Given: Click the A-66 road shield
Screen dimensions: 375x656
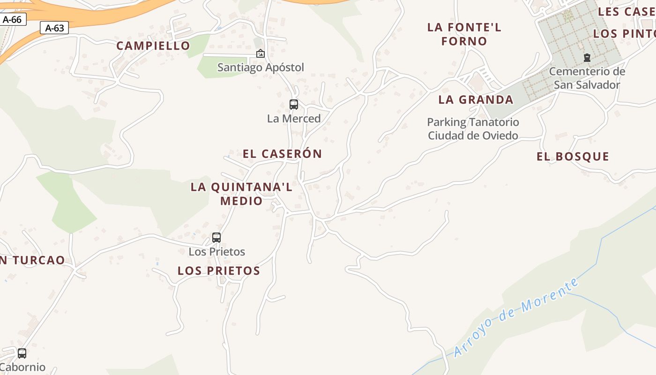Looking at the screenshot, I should coord(13,20).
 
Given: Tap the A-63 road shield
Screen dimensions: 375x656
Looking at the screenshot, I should coord(54,28).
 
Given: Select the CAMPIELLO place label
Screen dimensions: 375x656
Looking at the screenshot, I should coord(153,46).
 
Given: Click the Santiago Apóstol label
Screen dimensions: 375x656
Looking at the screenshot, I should coord(261,67).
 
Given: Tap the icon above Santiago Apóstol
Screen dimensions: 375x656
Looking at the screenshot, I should coord(261,54).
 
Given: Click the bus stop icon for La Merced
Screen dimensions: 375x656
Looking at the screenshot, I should coord(294,105).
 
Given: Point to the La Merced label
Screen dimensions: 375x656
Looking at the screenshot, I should coord(294,119).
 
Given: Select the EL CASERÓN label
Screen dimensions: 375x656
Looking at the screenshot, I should coord(282,154).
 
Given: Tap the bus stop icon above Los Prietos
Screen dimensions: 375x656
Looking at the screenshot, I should coord(216,238).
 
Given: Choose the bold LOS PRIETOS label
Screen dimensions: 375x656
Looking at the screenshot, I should coord(219,271).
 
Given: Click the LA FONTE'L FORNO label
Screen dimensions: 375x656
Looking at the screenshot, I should coord(464,34).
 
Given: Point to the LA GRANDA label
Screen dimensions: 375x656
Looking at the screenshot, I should coord(476,100).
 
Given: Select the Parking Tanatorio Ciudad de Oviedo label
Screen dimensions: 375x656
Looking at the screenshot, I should coord(473,129).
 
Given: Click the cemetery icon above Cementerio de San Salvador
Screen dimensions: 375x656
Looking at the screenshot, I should coord(587,58).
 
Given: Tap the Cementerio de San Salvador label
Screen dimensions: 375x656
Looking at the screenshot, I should coord(587,78).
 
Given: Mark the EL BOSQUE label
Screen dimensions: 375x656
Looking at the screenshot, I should coord(573,157).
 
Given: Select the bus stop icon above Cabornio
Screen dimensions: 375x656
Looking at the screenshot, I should coord(22,353).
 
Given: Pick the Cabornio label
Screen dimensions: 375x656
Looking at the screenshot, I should coord(22,367).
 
